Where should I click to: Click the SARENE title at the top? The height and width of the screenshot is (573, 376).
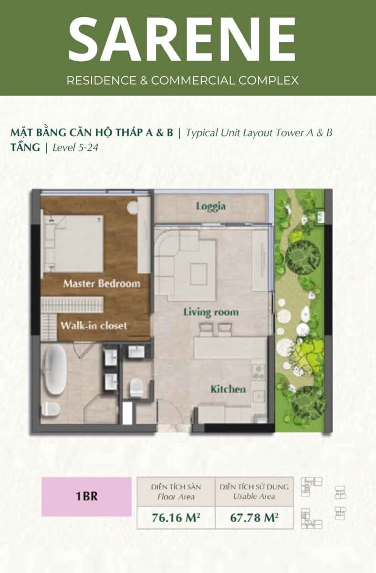182,39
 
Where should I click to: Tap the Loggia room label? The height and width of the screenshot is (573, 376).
211,206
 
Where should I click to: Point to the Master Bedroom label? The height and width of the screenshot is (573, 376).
102,284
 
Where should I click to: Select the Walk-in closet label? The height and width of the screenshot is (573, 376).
94,326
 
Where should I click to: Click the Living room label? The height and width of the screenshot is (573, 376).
211,312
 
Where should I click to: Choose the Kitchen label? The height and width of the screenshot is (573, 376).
228,389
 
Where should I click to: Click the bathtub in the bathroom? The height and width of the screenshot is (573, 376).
55,370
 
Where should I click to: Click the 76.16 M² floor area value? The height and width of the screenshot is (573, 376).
176,518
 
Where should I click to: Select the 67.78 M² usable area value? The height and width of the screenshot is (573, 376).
254,518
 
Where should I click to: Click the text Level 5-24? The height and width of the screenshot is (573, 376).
75,148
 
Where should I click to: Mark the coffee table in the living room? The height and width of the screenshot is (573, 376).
198,274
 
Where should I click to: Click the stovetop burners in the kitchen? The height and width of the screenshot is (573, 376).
259,372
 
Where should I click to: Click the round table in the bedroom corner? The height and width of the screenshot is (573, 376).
132,207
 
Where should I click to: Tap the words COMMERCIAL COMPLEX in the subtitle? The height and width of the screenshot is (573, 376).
225,80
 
